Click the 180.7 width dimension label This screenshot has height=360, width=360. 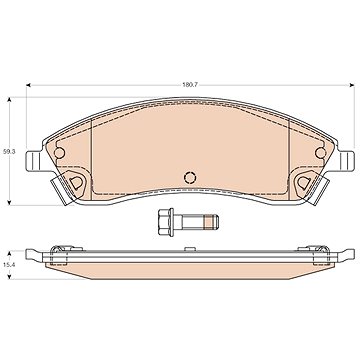coord(190,85)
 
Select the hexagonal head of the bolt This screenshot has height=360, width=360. coord(164,222)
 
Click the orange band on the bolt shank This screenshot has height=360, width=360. coord(208,222)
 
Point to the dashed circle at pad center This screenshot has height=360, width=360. coord(190,177)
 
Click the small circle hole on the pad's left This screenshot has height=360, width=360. coord(59,153)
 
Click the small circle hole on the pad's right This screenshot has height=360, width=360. coord(320,153)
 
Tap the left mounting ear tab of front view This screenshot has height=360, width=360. coord(33,161)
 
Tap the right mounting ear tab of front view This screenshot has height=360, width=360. coord(346,161)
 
